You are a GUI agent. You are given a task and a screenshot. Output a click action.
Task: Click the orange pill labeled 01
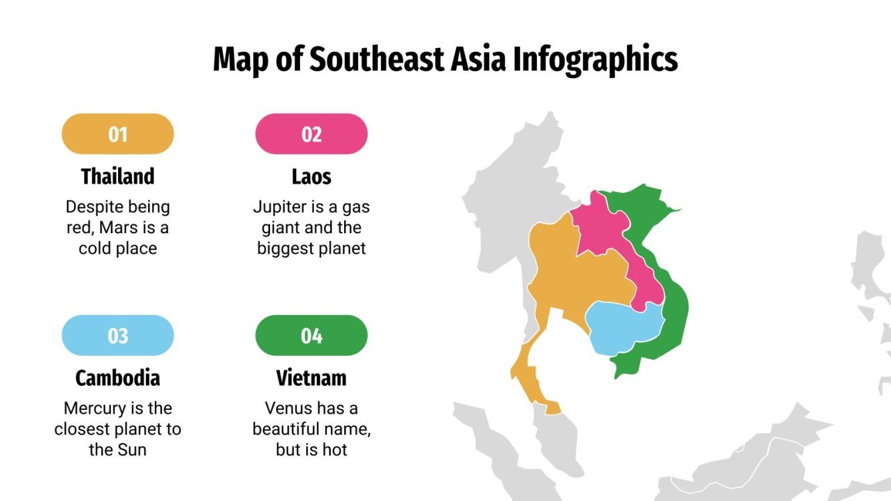(x=117, y=134)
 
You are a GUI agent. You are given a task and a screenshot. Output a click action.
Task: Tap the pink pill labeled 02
(x=311, y=134)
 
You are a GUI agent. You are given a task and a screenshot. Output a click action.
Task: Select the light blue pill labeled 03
(x=117, y=335)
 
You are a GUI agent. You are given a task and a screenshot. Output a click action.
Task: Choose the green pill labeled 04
(x=311, y=335)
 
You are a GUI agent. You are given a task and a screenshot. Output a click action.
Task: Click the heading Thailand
(x=117, y=177)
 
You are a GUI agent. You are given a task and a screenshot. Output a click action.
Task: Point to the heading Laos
(x=311, y=177)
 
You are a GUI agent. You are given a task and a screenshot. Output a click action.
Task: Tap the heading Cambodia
(x=117, y=378)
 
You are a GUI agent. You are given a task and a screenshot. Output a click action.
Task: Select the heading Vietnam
(x=311, y=378)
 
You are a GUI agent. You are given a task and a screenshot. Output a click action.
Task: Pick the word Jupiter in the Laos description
(x=279, y=207)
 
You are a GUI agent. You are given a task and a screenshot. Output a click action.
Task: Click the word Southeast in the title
(x=376, y=59)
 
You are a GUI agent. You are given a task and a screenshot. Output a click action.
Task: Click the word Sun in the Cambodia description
(x=132, y=450)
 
